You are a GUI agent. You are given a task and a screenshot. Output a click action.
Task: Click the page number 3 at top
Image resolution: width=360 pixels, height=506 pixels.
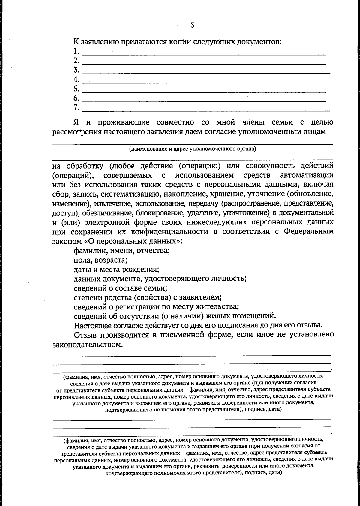192,25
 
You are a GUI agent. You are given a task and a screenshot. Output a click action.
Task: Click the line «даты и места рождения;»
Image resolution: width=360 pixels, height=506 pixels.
116,269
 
